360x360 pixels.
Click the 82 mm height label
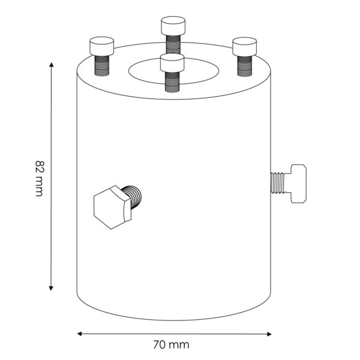pos(39,179)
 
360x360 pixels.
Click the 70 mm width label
pos(171,344)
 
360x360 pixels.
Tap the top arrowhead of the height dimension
pos(52,64)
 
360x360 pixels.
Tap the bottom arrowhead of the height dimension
pos(51,289)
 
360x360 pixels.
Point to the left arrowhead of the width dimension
pos(79,334)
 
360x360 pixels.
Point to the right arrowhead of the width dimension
pos(269,334)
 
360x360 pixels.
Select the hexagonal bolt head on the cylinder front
pos(113,208)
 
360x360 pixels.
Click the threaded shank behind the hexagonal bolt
pos(133,197)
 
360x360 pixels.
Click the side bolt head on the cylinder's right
pos(298,184)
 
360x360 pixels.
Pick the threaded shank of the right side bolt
pos(278,183)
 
